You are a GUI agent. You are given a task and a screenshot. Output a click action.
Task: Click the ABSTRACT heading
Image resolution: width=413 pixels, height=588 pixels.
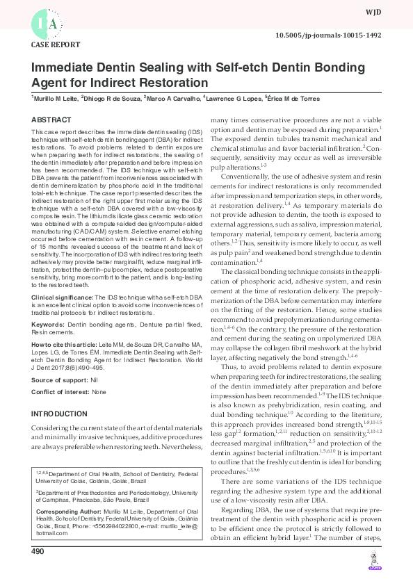pos(51,120)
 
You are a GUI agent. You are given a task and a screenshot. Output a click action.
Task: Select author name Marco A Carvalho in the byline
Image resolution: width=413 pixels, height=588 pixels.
pos(171,99)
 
